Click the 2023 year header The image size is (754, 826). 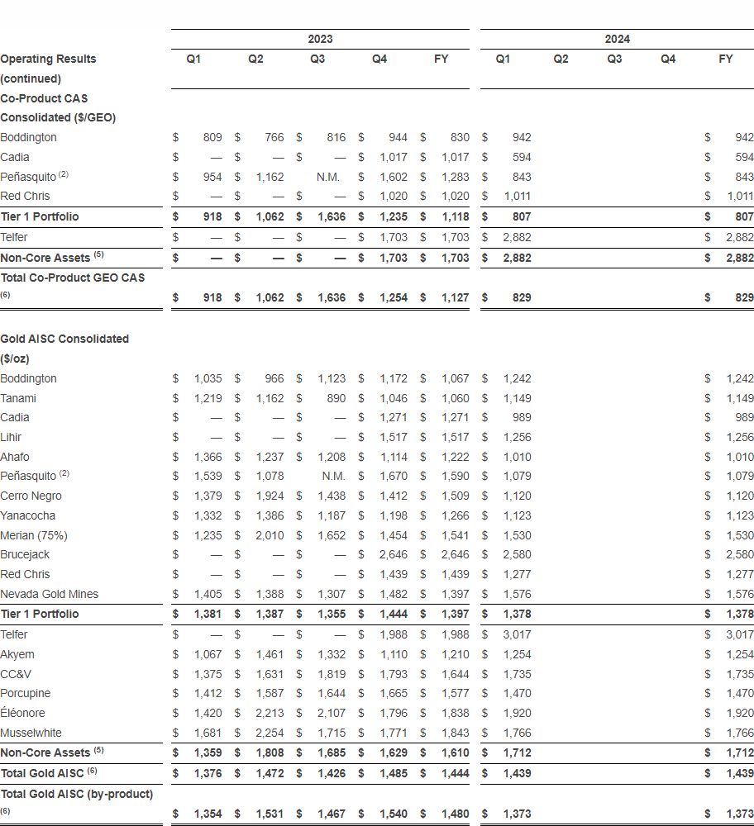(x=320, y=39)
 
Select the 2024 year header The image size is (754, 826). (x=617, y=39)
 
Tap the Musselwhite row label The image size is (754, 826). (x=31, y=733)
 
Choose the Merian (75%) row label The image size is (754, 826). (x=34, y=535)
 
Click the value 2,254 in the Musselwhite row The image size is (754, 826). (x=270, y=733)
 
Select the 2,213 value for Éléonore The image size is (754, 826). (x=270, y=713)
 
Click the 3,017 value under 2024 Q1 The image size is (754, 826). (x=518, y=634)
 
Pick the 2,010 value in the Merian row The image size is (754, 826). (x=270, y=535)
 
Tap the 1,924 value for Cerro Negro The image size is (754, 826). (x=270, y=496)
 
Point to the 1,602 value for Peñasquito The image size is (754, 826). (x=394, y=177)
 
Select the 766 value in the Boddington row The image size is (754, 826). (x=274, y=137)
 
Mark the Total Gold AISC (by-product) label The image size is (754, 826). (x=76, y=794)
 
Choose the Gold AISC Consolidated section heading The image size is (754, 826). (x=64, y=339)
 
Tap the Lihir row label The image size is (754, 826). (x=12, y=437)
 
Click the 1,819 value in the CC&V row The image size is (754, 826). (x=332, y=674)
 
